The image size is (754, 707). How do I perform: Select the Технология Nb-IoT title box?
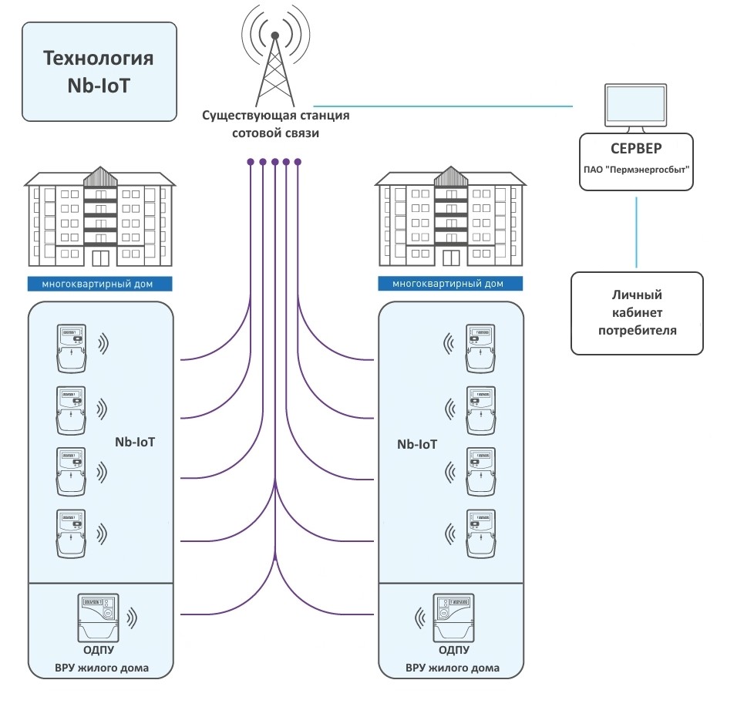(x=99, y=72)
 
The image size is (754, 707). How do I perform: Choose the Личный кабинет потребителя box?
(x=637, y=313)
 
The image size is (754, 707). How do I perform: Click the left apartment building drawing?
(x=100, y=215)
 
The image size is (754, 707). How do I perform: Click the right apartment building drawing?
(x=451, y=215)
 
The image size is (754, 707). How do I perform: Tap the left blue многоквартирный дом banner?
(x=100, y=283)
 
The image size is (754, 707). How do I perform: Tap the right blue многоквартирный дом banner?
(x=451, y=283)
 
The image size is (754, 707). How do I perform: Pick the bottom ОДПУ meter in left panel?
(x=98, y=616)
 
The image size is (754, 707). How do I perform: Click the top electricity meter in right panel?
(x=482, y=348)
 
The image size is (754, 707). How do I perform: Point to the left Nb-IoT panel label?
(x=136, y=443)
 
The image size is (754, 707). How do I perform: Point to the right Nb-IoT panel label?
(x=417, y=444)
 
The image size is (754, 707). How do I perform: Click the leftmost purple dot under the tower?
(x=251, y=162)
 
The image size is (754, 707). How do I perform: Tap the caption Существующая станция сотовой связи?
(x=276, y=124)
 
